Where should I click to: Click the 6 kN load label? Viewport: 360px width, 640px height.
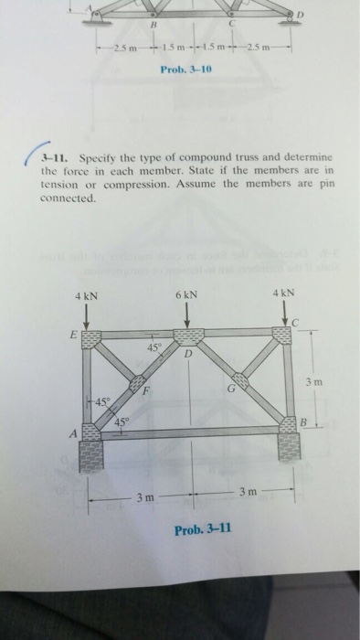pyautogui.click(x=187, y=297)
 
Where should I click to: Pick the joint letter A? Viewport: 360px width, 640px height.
pyautogui.click(x=73, y=435)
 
